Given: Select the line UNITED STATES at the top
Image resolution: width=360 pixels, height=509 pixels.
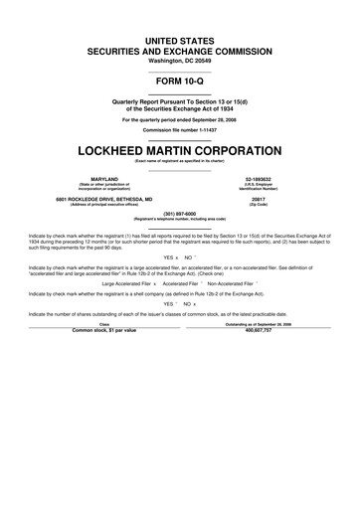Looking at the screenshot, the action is tap(180, 37).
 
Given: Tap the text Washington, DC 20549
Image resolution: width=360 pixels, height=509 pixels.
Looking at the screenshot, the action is tap(180, 57).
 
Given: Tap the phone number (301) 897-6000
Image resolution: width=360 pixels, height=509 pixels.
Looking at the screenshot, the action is tap(180, 213).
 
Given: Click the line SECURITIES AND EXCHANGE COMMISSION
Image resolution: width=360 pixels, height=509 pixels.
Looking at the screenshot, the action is tap(180, 47).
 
